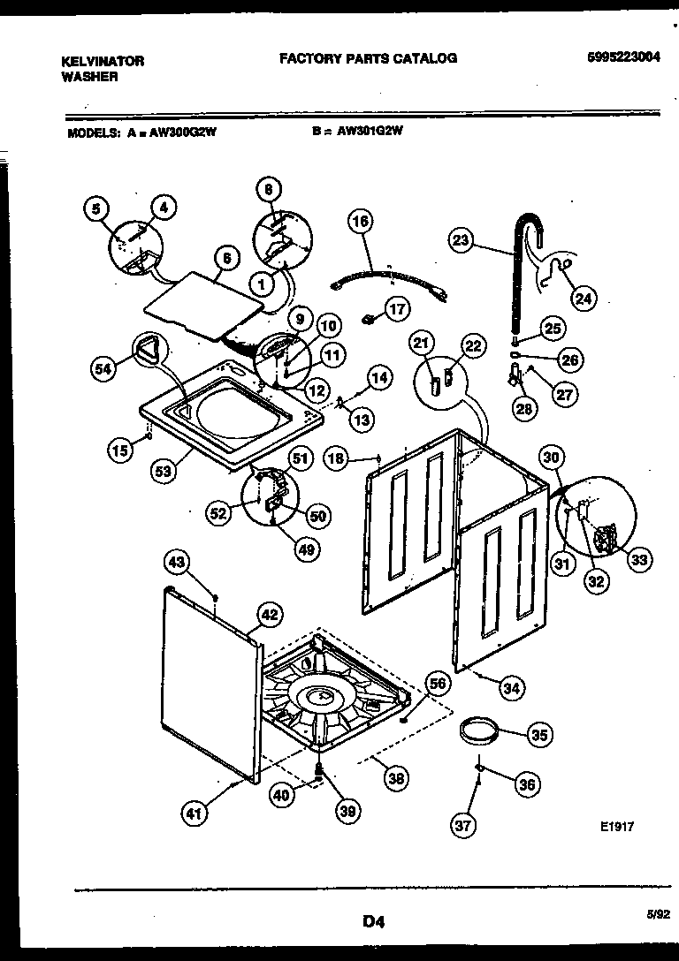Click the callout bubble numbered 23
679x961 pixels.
462,238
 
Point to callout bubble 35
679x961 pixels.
539,733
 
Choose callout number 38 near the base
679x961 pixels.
397,778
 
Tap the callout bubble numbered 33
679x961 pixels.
638,557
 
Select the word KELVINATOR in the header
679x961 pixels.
102,62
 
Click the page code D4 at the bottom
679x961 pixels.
372,923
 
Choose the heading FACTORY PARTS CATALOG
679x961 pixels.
368,58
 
